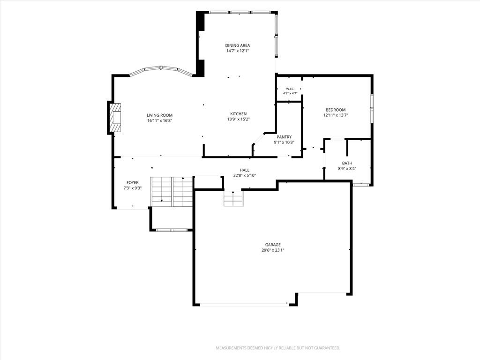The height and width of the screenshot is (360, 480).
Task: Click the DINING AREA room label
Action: (238, 45)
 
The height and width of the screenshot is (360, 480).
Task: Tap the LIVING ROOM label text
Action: (159, 115)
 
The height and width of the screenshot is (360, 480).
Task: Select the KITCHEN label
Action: (239, 114)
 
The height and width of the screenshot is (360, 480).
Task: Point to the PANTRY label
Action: (284, 137)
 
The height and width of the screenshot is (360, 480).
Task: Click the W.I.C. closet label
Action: (290, 89)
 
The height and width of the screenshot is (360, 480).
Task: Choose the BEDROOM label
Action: (336, 110)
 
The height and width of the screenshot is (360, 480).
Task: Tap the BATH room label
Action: (347, 163)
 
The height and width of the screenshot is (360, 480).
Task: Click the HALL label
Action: (244, 170)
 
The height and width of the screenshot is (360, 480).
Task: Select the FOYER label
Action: (133, 183)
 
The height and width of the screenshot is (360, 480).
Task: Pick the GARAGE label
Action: (273, 245)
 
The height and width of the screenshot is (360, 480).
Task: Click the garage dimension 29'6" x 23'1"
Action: (273, 250)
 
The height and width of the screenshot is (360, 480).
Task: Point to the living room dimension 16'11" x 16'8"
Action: (159, 120)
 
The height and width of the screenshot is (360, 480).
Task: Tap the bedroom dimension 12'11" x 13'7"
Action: (336, 115)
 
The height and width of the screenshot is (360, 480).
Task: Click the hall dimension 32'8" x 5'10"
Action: (244, 176)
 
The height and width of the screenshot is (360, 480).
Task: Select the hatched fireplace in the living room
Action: (116, 118)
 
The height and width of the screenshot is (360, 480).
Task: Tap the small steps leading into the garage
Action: (233, 198)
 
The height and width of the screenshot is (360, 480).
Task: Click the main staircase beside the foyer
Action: (172, 192)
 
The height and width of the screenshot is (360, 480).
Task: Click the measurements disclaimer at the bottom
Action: (278, 348)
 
